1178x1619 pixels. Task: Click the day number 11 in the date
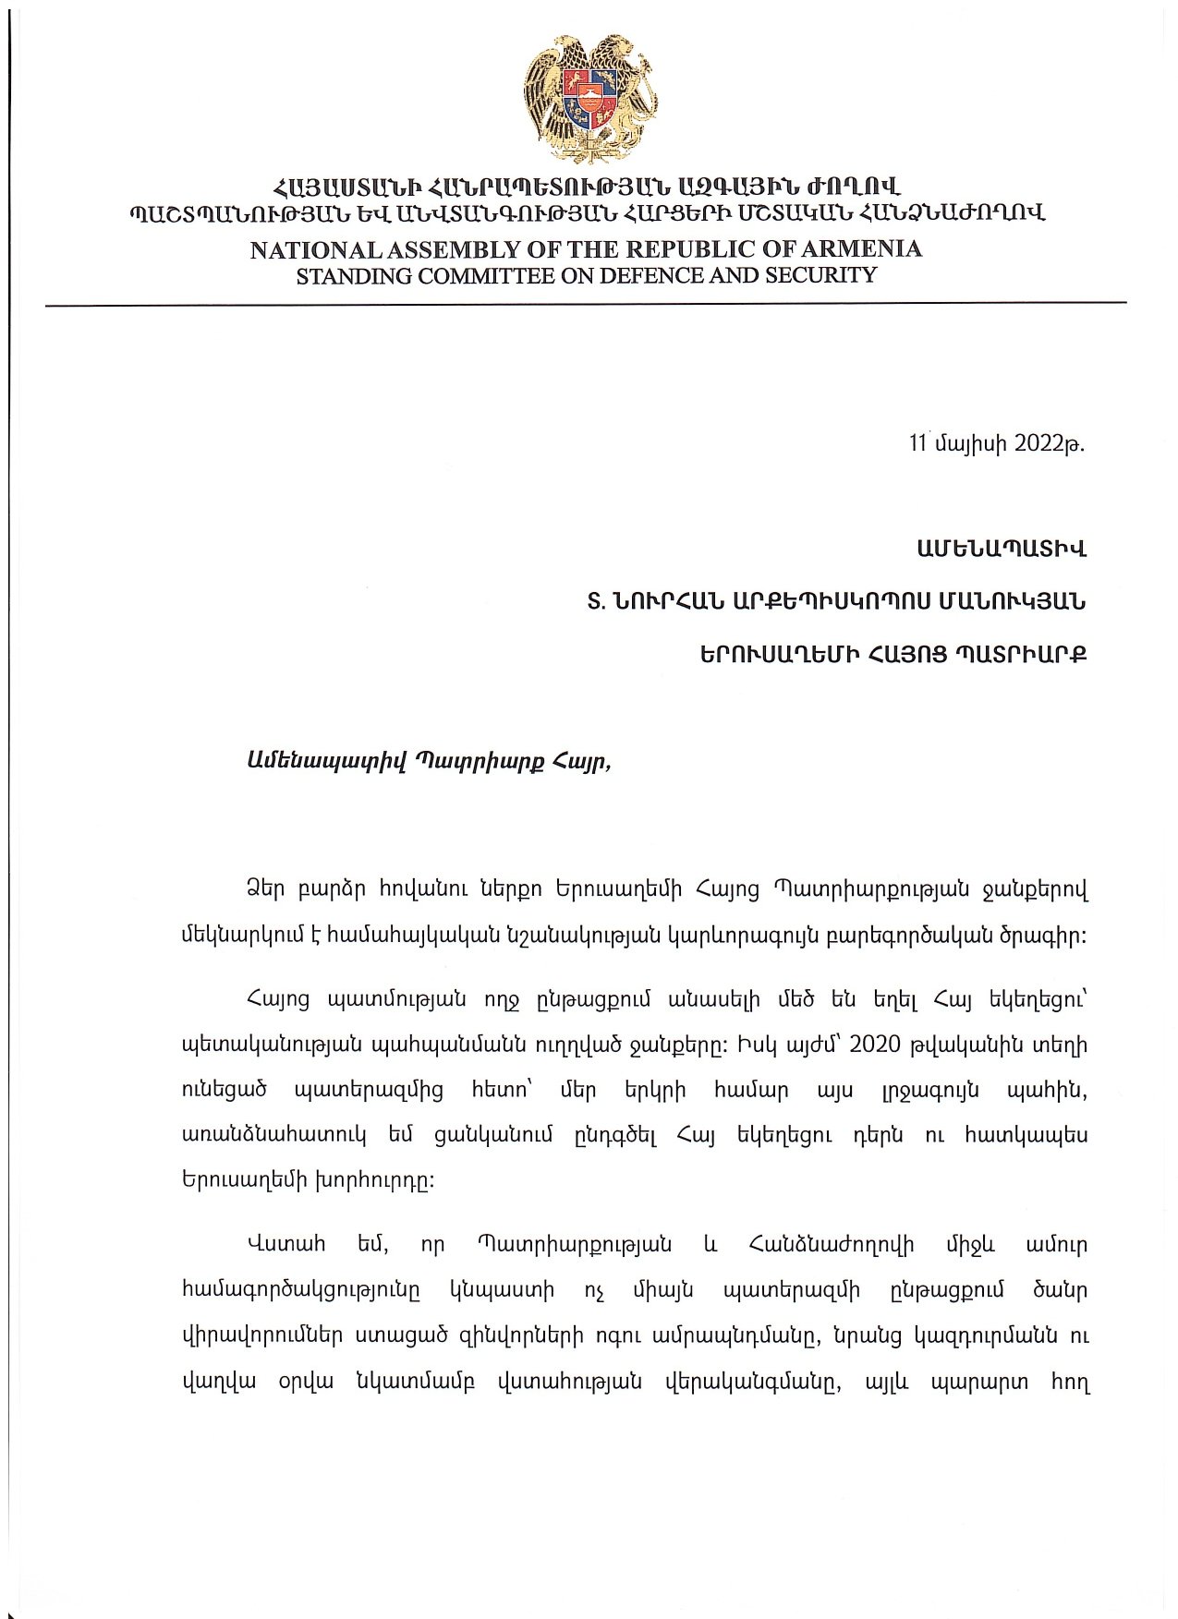(918, 443)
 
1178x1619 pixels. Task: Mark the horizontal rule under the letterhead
(586, 303)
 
